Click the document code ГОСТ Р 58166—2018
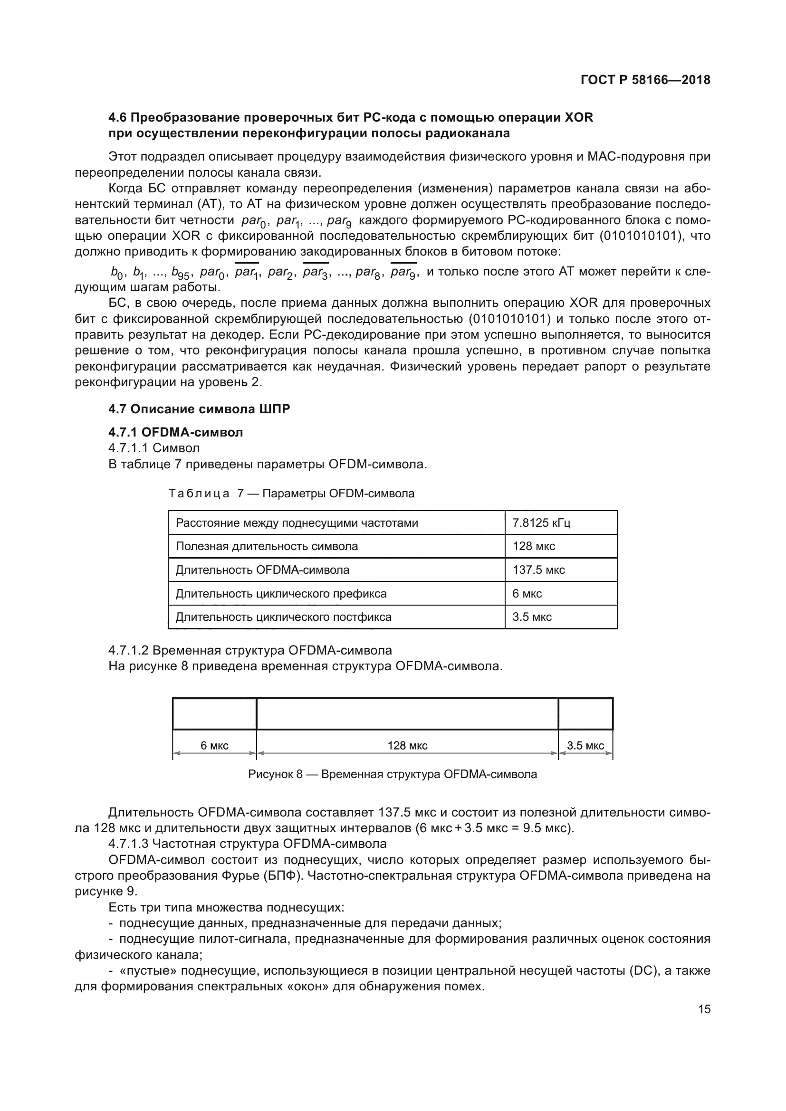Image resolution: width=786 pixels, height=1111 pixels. point(645,80)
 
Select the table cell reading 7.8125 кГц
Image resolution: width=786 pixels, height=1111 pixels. point(541,522)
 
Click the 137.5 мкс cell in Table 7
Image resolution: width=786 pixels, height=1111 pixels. point(538,570)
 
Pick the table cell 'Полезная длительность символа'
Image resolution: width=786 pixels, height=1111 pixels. point(267,546)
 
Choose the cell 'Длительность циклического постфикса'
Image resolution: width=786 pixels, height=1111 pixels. point(283,617)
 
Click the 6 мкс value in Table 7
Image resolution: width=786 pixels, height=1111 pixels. point(527,593)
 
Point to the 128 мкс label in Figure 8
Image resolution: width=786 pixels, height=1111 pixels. point(407,746)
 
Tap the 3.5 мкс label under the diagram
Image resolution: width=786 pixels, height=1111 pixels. point(585,746)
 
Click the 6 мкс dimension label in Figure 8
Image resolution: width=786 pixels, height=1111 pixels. point(214,746)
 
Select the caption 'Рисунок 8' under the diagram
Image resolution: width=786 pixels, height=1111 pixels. point(275,774)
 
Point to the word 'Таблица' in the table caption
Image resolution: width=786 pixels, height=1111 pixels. point(199,494)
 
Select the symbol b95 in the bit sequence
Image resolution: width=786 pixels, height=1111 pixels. point(180,273)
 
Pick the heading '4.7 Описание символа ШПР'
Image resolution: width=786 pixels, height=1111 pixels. point(199,409)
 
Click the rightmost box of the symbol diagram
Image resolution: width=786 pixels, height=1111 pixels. point(585,714)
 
